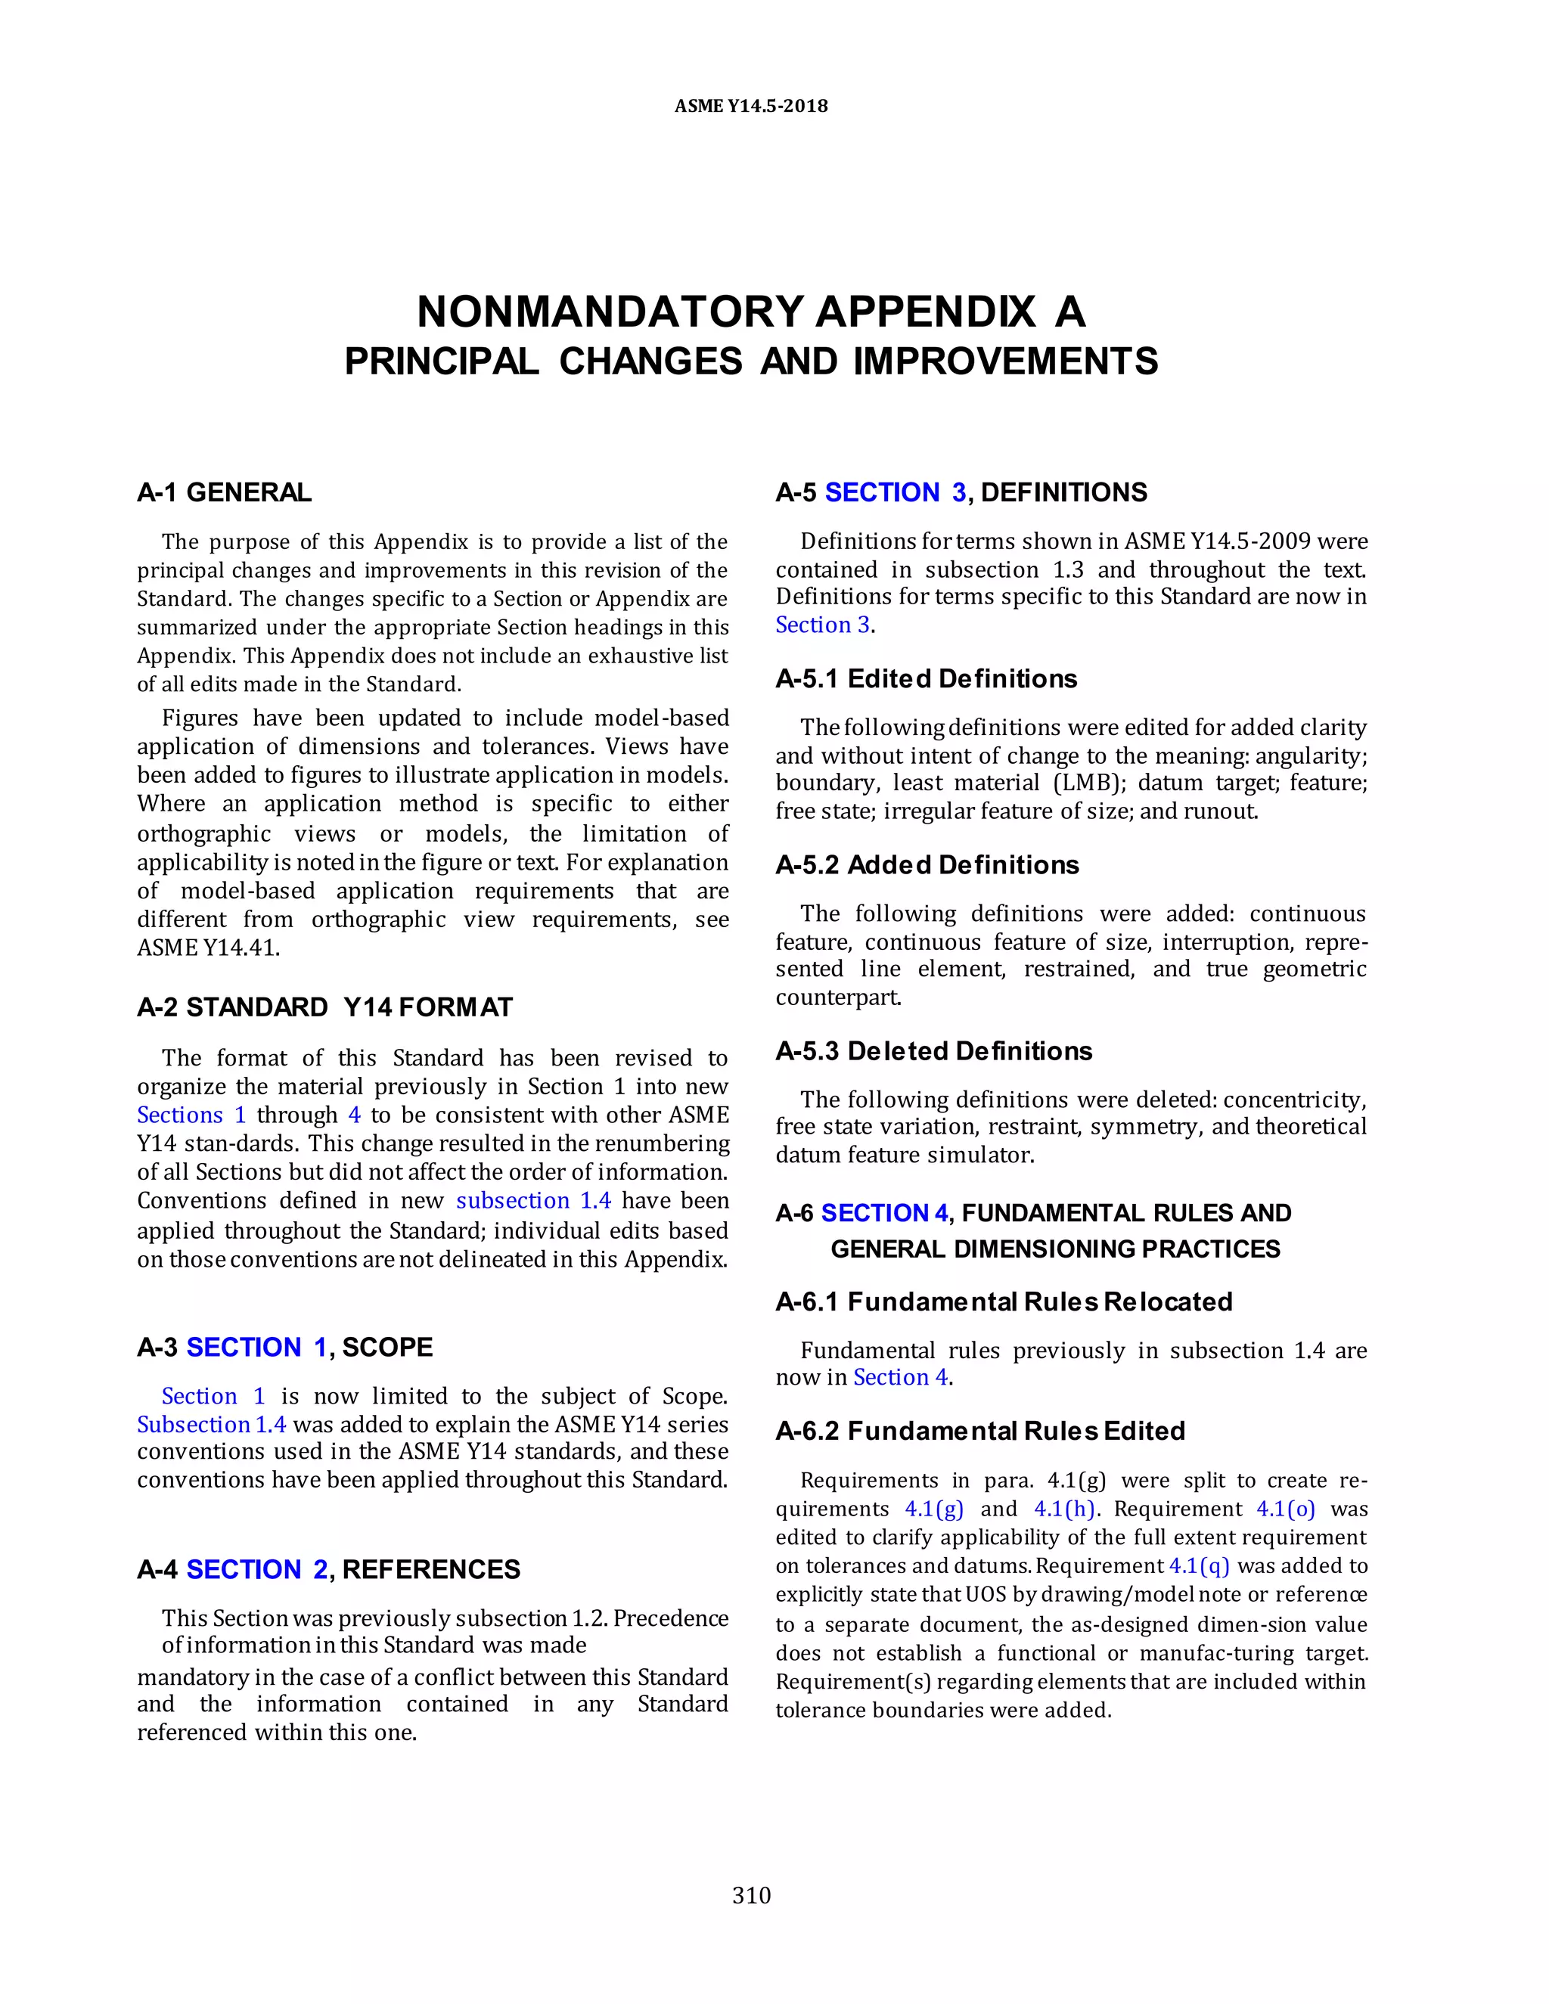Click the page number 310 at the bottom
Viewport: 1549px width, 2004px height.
[752, 1895]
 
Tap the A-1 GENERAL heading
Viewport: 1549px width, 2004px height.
[224, 493]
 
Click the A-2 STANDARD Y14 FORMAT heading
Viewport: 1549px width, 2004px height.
[324, 1007]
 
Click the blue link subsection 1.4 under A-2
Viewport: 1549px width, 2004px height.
[533, 1200]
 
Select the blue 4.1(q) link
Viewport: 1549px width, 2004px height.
[1199, 1565]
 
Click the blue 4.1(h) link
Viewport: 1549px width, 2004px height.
[1064, 1509]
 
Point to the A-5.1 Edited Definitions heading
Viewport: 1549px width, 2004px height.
[926, 678]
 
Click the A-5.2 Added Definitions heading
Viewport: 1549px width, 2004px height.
[927, 864]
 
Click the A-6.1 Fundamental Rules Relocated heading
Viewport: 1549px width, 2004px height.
[1004, 1301]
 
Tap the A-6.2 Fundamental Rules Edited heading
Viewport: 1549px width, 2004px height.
[980, 1431]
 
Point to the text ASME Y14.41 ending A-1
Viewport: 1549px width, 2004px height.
[207, 948]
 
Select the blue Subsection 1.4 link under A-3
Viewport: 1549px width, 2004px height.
[211, 1424]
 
